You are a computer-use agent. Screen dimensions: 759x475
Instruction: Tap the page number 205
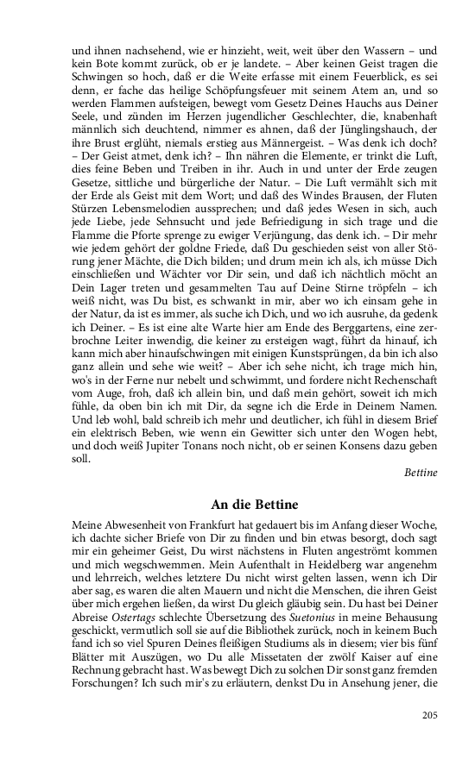pyautogui.click(x=430, y=714)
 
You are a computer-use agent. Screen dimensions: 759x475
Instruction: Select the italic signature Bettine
pyautogui.click(x=421, y=473)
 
